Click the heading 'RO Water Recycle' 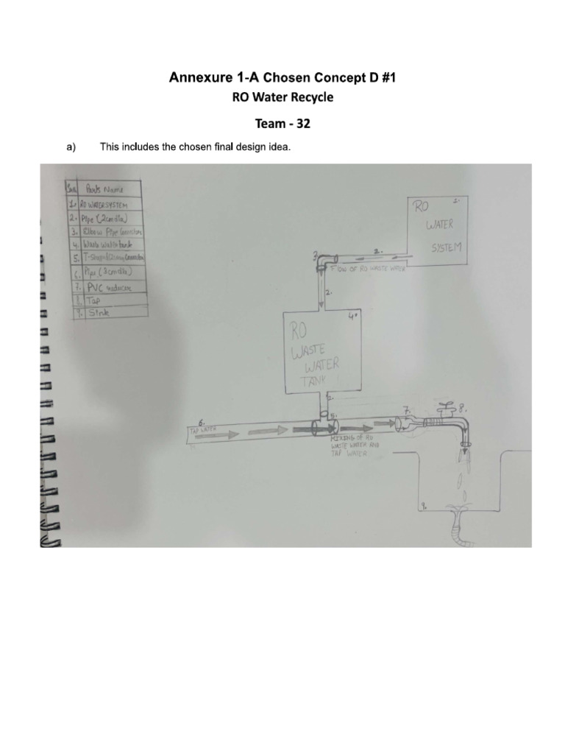tap(282, 96)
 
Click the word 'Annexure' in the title tap(198, 77)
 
